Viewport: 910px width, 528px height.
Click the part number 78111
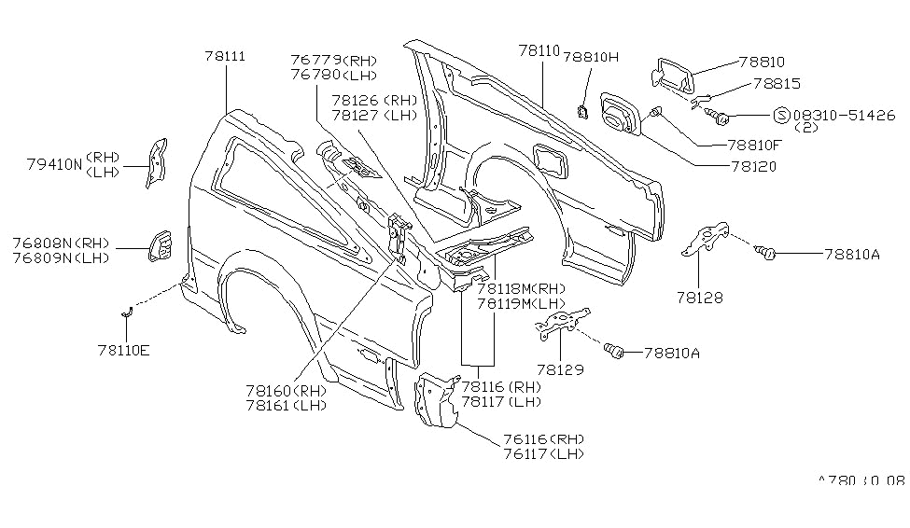pos(225,57)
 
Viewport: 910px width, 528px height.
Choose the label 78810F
pos(759,146)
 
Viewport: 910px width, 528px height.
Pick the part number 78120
pos(758,167)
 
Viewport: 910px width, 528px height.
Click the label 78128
pos(700,299)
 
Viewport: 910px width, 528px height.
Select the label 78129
pos(559,369)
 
